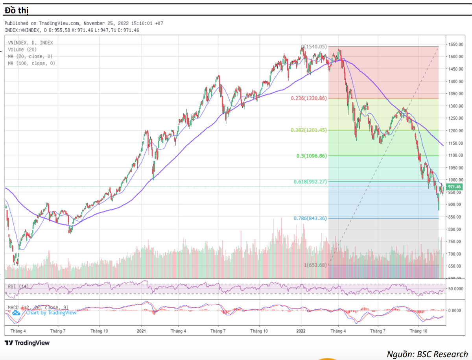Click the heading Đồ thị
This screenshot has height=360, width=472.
point(17,10)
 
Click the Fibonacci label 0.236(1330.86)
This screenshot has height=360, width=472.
point(309,98)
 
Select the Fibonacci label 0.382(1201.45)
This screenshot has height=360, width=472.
point(309,130)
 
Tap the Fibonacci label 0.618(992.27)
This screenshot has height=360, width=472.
point(310,182)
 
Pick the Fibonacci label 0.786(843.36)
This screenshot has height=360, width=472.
point(310,218)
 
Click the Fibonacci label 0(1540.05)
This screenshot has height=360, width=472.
point(314,47)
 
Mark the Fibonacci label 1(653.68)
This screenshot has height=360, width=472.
point(315,265)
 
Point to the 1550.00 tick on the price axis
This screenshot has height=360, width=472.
point(456,44)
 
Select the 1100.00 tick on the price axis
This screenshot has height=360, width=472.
point(456,155)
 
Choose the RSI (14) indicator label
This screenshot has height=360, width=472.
point(18,286)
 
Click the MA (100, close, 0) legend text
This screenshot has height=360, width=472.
point(31,63)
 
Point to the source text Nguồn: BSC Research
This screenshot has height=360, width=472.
point(427,354)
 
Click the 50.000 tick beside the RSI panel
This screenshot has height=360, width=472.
point(456,288)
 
